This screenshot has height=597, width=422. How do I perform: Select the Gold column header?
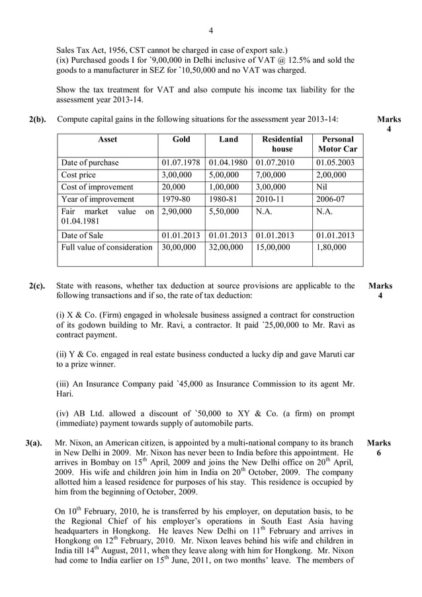tap(181, 140)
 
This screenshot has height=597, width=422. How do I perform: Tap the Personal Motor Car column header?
tap(337, 144)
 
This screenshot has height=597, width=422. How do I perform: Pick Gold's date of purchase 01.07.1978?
tap(181, 163)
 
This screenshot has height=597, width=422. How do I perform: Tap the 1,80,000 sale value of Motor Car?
tap(331, 248)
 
